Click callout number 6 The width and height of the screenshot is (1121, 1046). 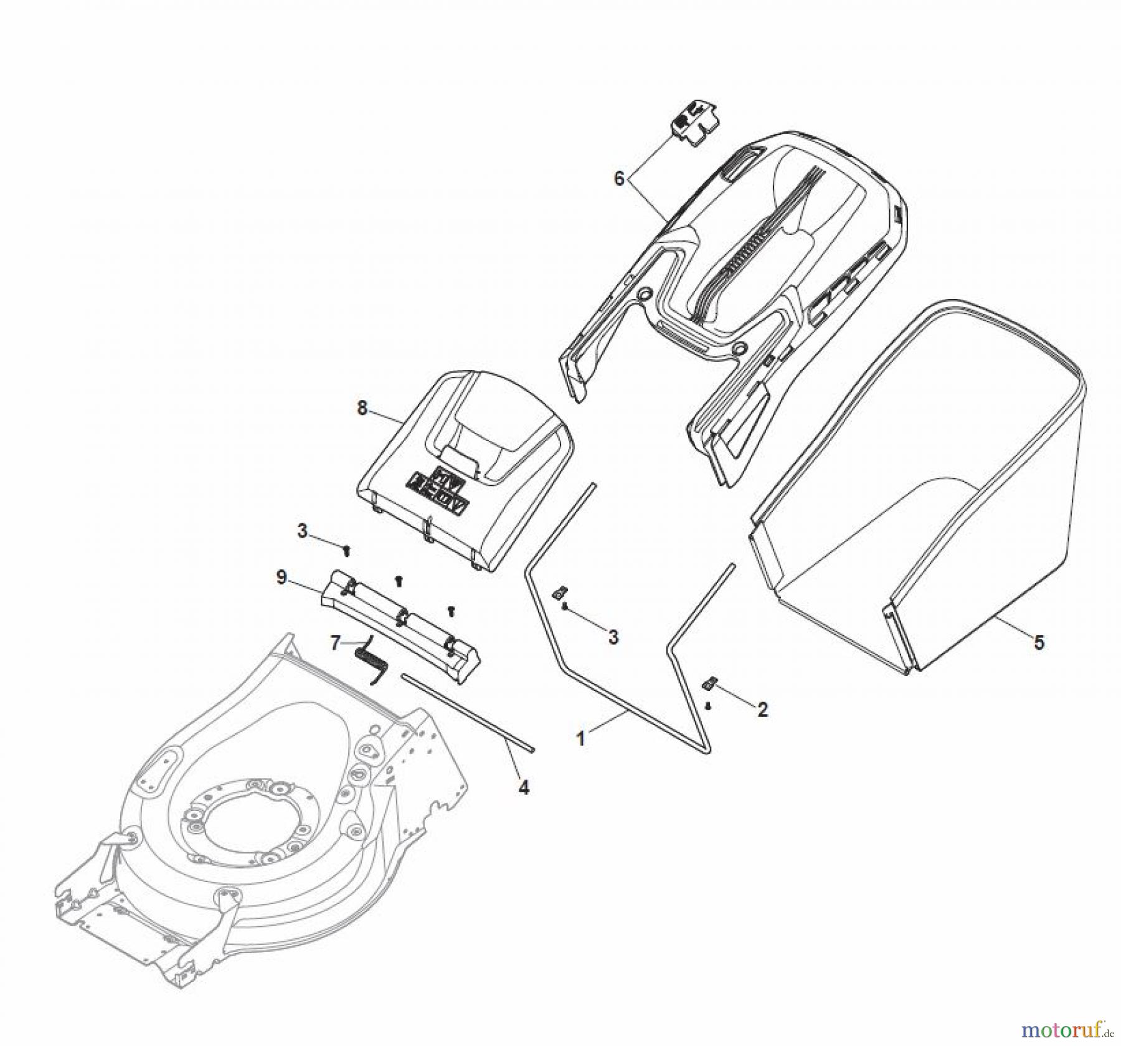(618, 179)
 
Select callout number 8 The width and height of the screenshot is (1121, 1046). (362, 409)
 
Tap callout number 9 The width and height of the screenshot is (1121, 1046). (281, 578)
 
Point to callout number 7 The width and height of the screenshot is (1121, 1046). (336, 642)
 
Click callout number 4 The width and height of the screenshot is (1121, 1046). (524, 787)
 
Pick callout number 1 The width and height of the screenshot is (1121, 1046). (581, 739)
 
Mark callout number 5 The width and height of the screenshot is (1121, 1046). (1039, 642)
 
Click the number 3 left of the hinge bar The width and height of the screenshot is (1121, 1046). (302, 531)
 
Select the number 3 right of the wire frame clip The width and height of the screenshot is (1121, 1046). (613, 637)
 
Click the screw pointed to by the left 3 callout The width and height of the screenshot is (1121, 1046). (348, 549)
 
